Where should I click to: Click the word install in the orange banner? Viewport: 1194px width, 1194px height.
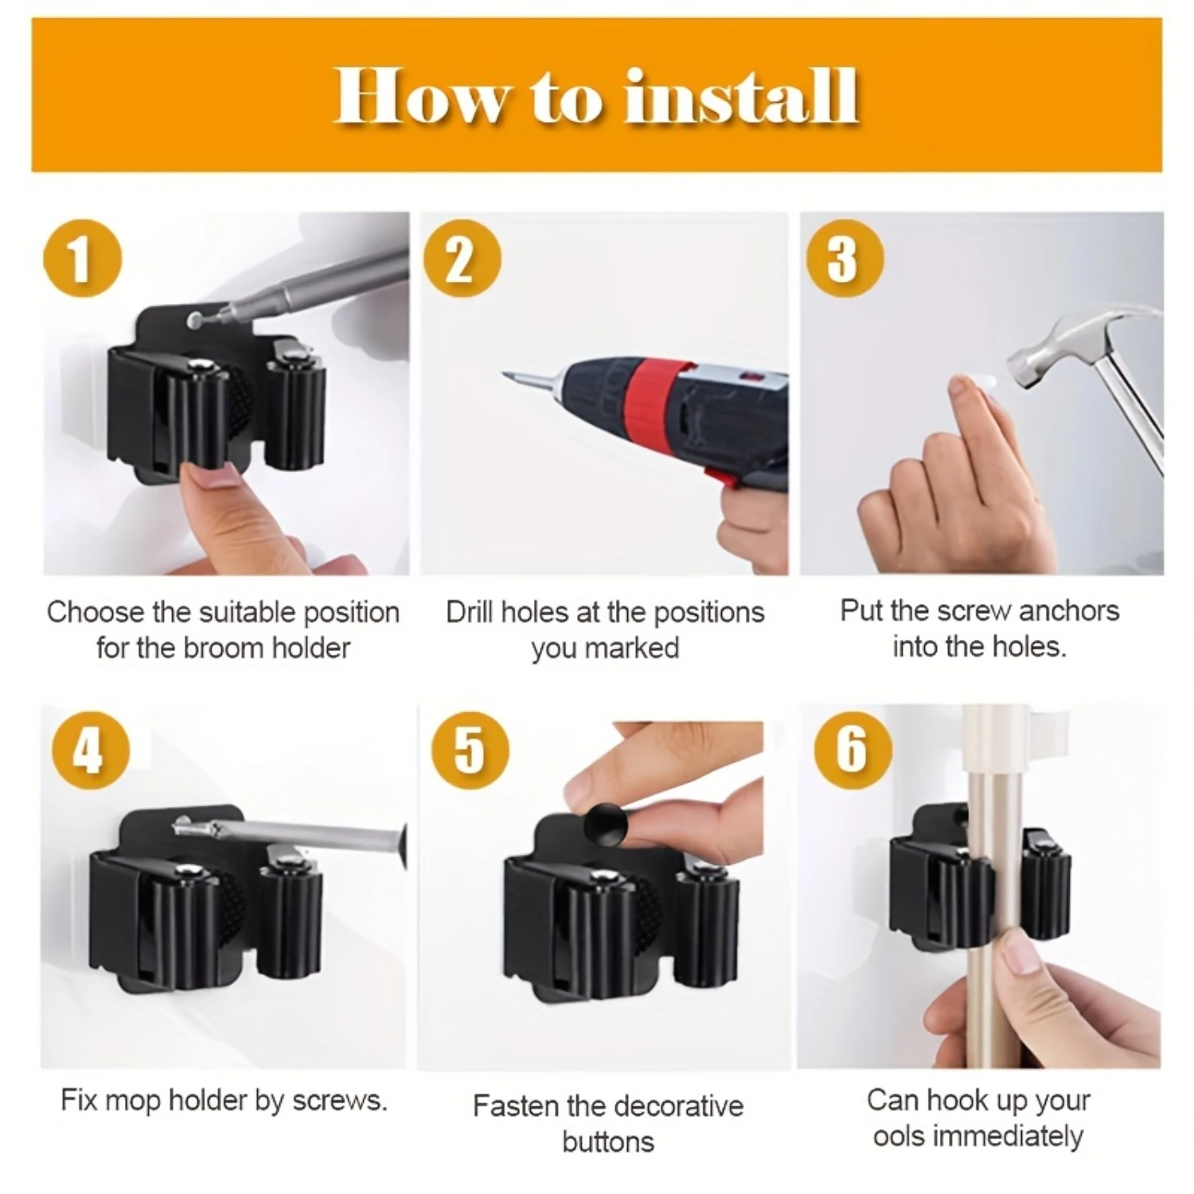coord(741,96)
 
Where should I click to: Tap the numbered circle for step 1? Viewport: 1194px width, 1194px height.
coord(83,259)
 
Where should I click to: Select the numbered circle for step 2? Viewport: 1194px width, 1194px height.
coord(462,259)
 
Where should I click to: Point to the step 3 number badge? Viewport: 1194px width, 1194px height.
coord(845,259)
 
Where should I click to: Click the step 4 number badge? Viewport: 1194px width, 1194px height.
coord(90,750)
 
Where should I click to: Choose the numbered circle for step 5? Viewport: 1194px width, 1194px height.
coord(470,750)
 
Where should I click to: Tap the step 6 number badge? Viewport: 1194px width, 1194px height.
coord(853,750)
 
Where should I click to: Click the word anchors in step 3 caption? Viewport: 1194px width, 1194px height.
coord(1069,611)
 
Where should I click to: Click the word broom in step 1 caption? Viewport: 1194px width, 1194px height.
coord(226,648)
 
